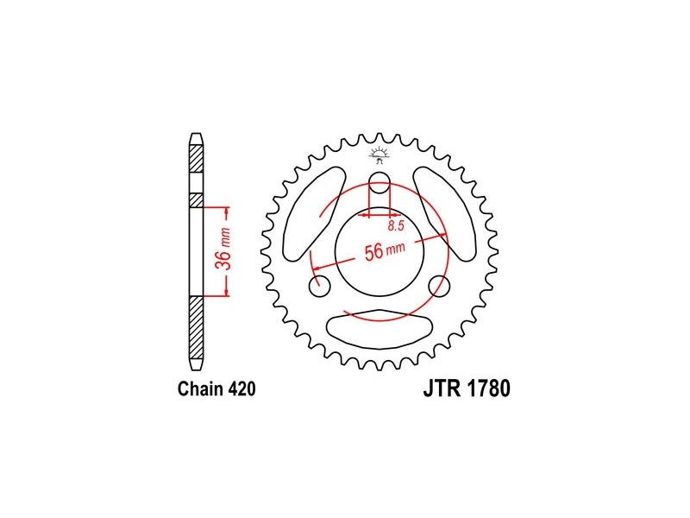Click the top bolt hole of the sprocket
(x=379, y=182)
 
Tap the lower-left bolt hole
(x=320, y=287)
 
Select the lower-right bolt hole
(x=439, y=287)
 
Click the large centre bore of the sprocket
(x=379, y=252)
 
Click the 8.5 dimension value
(x=396, y=226)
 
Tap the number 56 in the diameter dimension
(x=373, y=253)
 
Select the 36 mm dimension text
(x=224, y=249)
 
